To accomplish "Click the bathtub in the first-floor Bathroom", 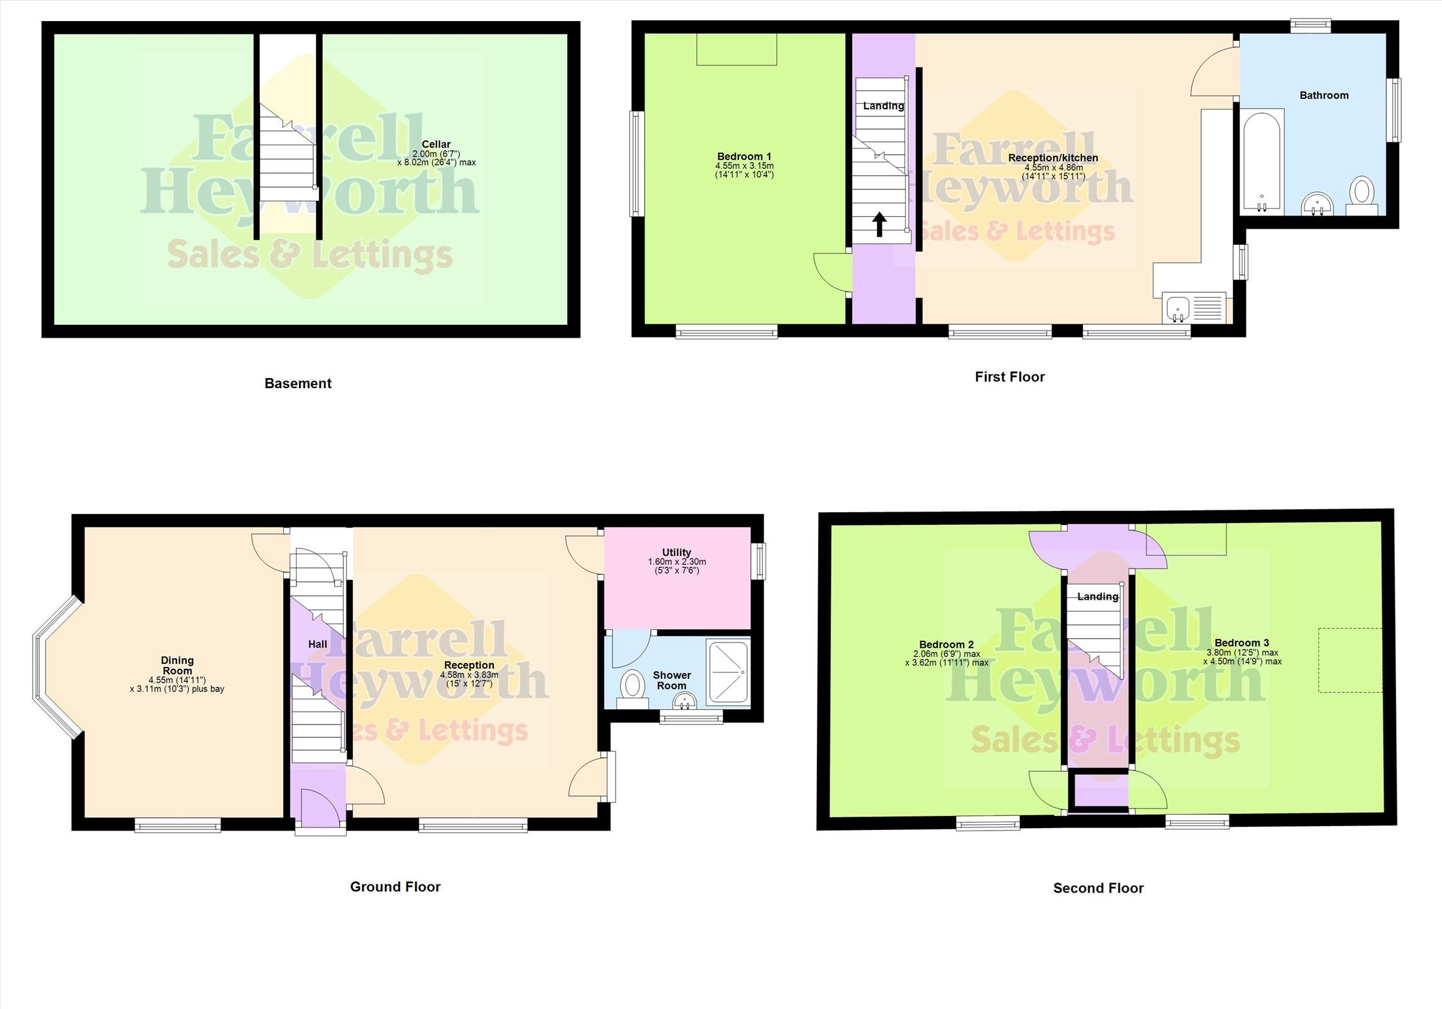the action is [x=1262, y=161].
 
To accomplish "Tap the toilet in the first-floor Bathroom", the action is [x=1362, y=195].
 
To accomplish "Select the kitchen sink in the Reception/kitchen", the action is [x=1177, y=309].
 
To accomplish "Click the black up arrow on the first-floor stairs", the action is [x=880, y=224].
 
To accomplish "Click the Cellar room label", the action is [x=436, y=145].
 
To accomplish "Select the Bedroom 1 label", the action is [x=744, y=156].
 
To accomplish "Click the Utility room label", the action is [x=676, y=552].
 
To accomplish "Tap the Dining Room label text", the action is [x=177, y=665].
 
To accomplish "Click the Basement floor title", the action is [x=298, y=383].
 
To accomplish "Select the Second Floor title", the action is [x=1098, y=888].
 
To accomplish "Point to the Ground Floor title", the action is [x=395, y=886].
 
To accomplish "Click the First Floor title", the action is [x=1009, y=377].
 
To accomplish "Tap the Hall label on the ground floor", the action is [x=318, y=644].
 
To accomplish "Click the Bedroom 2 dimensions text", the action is [x=947, y=659].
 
